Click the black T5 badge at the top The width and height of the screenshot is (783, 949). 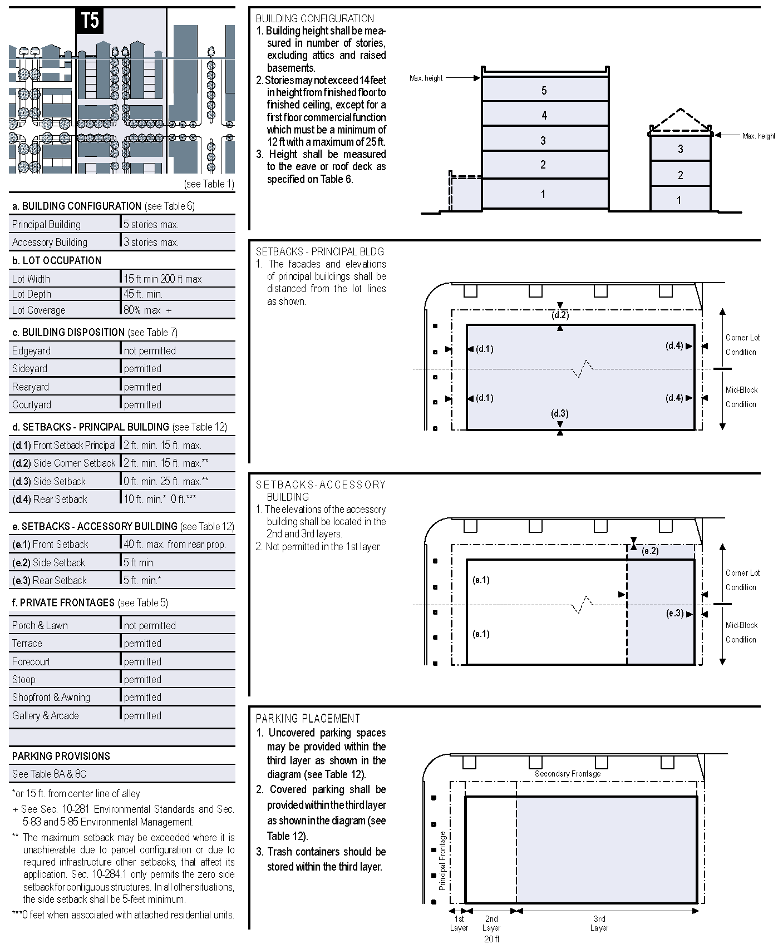[x=90, y=21]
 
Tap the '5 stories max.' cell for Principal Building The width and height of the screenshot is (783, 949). [x=151, y=225]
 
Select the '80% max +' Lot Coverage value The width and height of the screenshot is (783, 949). [x=147, y=310]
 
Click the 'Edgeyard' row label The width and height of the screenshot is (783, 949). [x=31, y=351]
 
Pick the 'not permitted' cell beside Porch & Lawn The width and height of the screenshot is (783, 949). [x=150, y=626]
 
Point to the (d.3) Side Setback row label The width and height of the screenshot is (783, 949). [x=49, y=482]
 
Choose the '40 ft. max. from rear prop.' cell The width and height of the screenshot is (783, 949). [x=175, y=545]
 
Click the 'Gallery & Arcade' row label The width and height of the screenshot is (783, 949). [x=46, y=716]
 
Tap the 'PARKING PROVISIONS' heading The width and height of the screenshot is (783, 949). [x=61, y=757]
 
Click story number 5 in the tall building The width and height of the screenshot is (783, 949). [x=544, y=91]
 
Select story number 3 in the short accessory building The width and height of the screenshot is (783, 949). [x=680, y=149]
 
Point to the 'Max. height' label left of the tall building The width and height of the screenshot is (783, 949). [x=426, y=78]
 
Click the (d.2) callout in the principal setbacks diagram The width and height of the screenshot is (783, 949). [x=560, y=315]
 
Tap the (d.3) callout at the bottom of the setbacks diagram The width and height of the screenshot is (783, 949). [x=560, y=414]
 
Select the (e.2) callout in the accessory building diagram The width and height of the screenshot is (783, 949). [x=650, y=551]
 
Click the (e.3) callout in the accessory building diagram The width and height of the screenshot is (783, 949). [x=675, y=614]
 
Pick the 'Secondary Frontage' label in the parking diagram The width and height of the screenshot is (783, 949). [x=568, y=774]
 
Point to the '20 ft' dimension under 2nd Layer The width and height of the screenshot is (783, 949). [x=491, y=939]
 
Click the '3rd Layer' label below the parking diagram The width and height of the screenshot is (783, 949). [x=599, y=923]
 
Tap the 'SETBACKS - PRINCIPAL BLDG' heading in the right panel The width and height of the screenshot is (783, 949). [x=320, y=251]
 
